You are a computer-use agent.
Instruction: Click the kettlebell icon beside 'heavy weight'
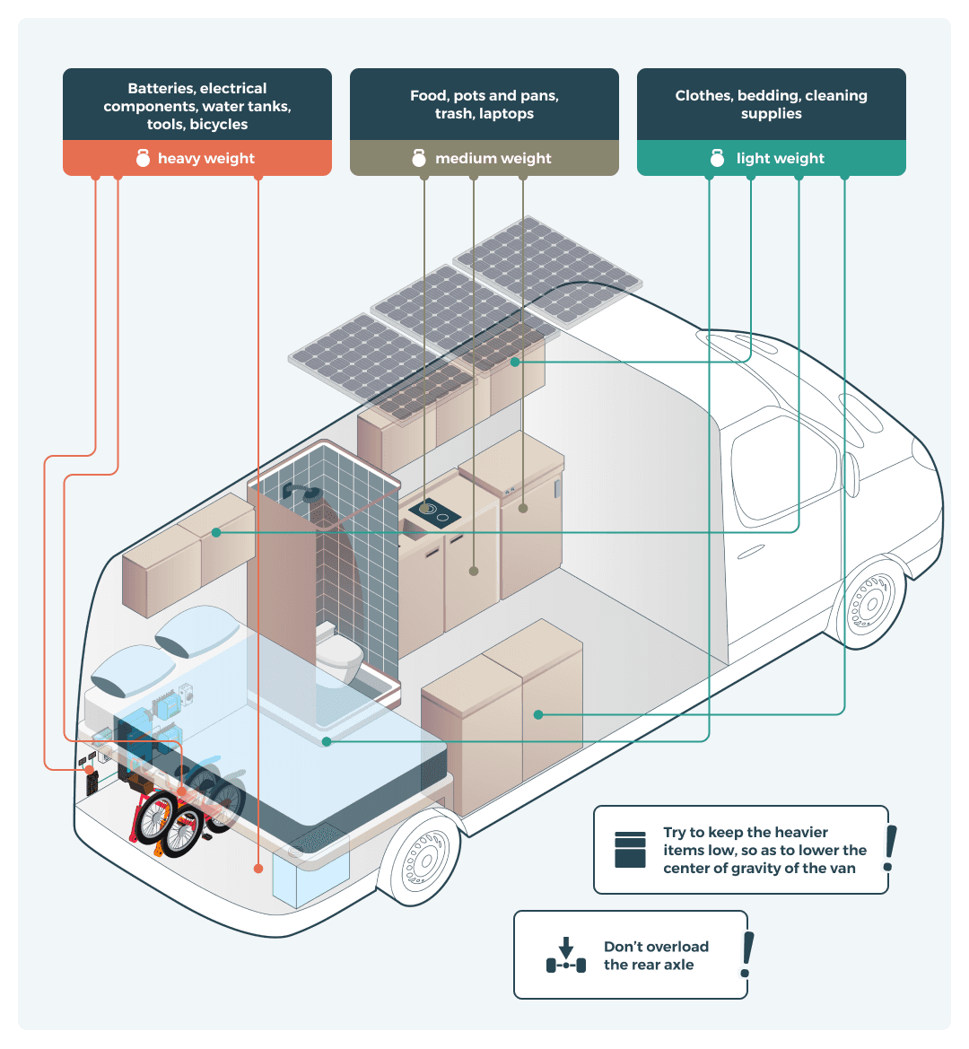143,158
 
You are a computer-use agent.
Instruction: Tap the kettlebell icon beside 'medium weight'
419,158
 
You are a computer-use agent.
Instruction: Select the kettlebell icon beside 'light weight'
717,158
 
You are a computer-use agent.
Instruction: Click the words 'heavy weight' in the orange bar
206,158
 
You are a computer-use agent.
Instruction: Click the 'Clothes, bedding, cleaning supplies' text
772,104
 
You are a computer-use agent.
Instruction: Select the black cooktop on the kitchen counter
434,514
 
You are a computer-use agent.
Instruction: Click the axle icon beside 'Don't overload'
565,957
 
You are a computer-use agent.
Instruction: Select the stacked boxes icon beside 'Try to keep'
631,850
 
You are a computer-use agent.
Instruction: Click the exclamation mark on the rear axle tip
746,955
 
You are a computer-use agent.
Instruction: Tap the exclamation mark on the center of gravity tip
889,848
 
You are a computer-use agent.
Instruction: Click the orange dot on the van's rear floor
258,869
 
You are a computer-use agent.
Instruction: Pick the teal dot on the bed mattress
327,741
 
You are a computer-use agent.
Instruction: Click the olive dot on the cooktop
424,509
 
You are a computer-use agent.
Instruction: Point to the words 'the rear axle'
649,965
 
